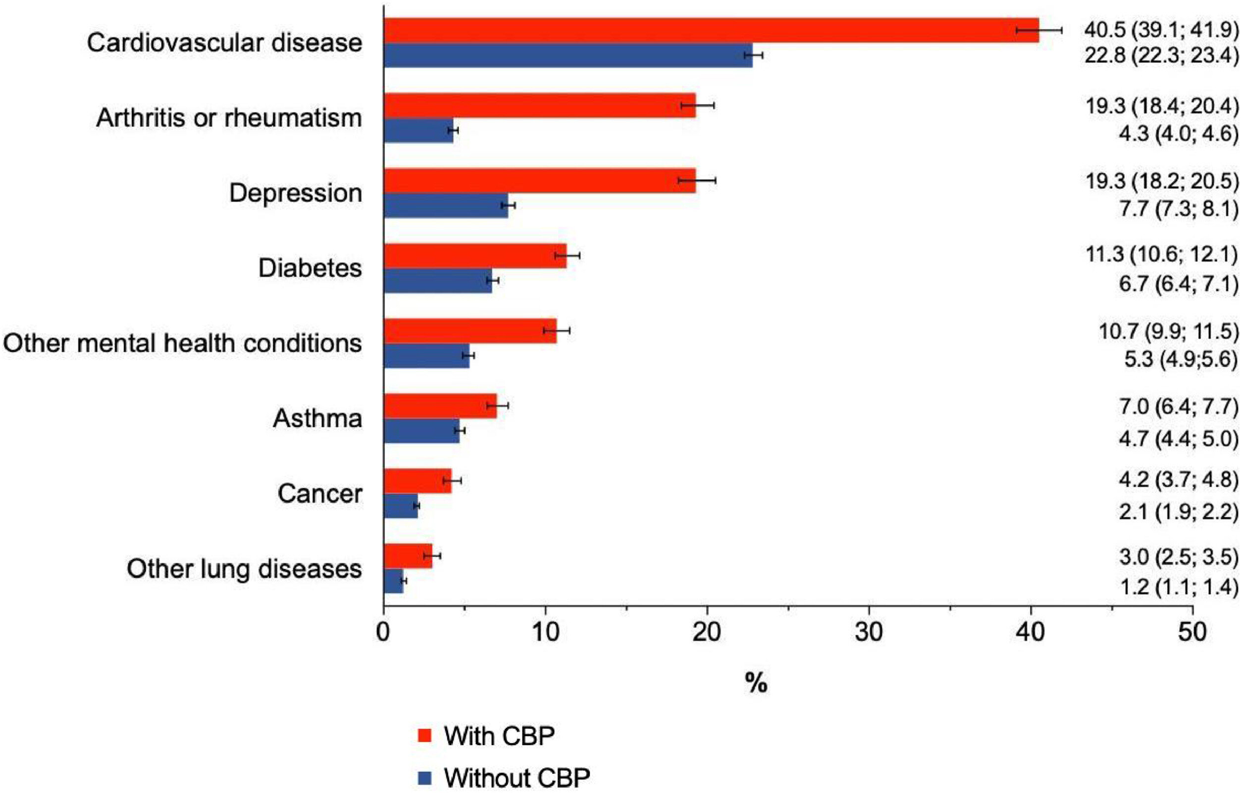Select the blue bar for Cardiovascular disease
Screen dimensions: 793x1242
568,55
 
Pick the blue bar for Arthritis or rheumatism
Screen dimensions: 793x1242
418,131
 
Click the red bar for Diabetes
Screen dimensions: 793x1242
475,256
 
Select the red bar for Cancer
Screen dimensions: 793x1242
417,481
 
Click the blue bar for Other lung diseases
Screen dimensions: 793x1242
394,581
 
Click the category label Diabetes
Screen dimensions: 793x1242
310,268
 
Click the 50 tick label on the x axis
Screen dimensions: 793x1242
1192,633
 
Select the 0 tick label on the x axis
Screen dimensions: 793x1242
383,633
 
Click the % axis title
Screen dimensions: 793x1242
756,684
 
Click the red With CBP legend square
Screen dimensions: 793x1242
424,736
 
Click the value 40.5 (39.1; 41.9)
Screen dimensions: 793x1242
1161,30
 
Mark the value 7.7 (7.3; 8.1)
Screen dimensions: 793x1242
1179,209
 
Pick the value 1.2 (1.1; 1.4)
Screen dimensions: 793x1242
1179,586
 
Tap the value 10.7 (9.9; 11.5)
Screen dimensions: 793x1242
1168,331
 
